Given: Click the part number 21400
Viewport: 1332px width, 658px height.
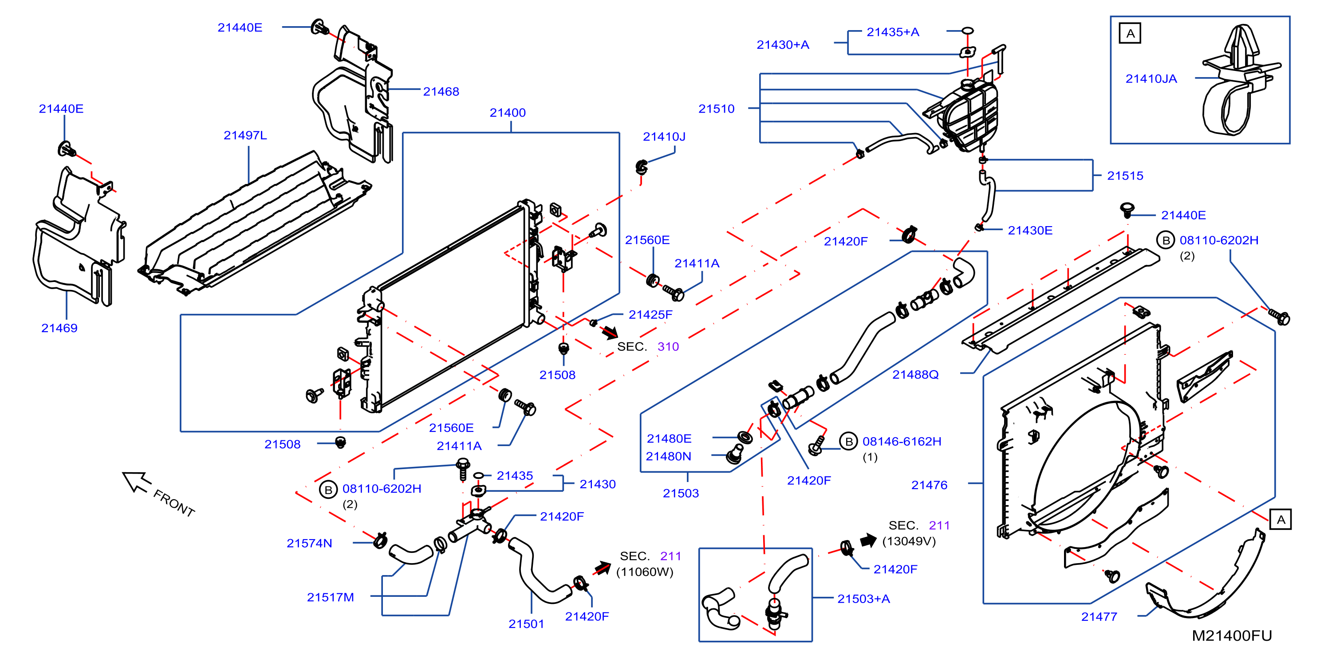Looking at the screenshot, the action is [507, 113].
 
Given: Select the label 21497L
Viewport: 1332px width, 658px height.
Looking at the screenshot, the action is [245, 135].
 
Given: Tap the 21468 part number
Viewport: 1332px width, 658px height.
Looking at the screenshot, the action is [441, 91].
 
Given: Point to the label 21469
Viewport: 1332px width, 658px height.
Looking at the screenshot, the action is [59, 328].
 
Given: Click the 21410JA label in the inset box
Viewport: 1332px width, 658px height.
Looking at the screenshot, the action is [1151, 78].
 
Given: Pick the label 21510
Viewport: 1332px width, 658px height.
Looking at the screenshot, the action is [716, 109].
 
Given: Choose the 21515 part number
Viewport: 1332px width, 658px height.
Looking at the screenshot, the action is [1125, 176].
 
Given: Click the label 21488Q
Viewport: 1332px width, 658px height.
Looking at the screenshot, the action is [915, 375].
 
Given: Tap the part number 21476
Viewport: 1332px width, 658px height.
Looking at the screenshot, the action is [929, 485].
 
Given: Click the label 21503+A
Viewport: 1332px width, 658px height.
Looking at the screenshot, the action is [863, 599].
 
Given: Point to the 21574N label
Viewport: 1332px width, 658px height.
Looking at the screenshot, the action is [309, 543].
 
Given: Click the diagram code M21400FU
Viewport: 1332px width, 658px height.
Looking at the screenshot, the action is [1232, 636].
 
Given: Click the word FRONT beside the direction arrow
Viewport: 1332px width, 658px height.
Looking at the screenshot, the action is [174, 503].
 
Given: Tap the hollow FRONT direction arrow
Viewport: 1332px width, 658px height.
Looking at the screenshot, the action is [136, 481].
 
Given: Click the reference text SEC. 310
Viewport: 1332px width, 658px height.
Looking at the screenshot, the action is [648, 347].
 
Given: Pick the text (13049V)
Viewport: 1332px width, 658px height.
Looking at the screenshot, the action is [909, 541].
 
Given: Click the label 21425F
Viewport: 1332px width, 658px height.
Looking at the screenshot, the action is [650, 315].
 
